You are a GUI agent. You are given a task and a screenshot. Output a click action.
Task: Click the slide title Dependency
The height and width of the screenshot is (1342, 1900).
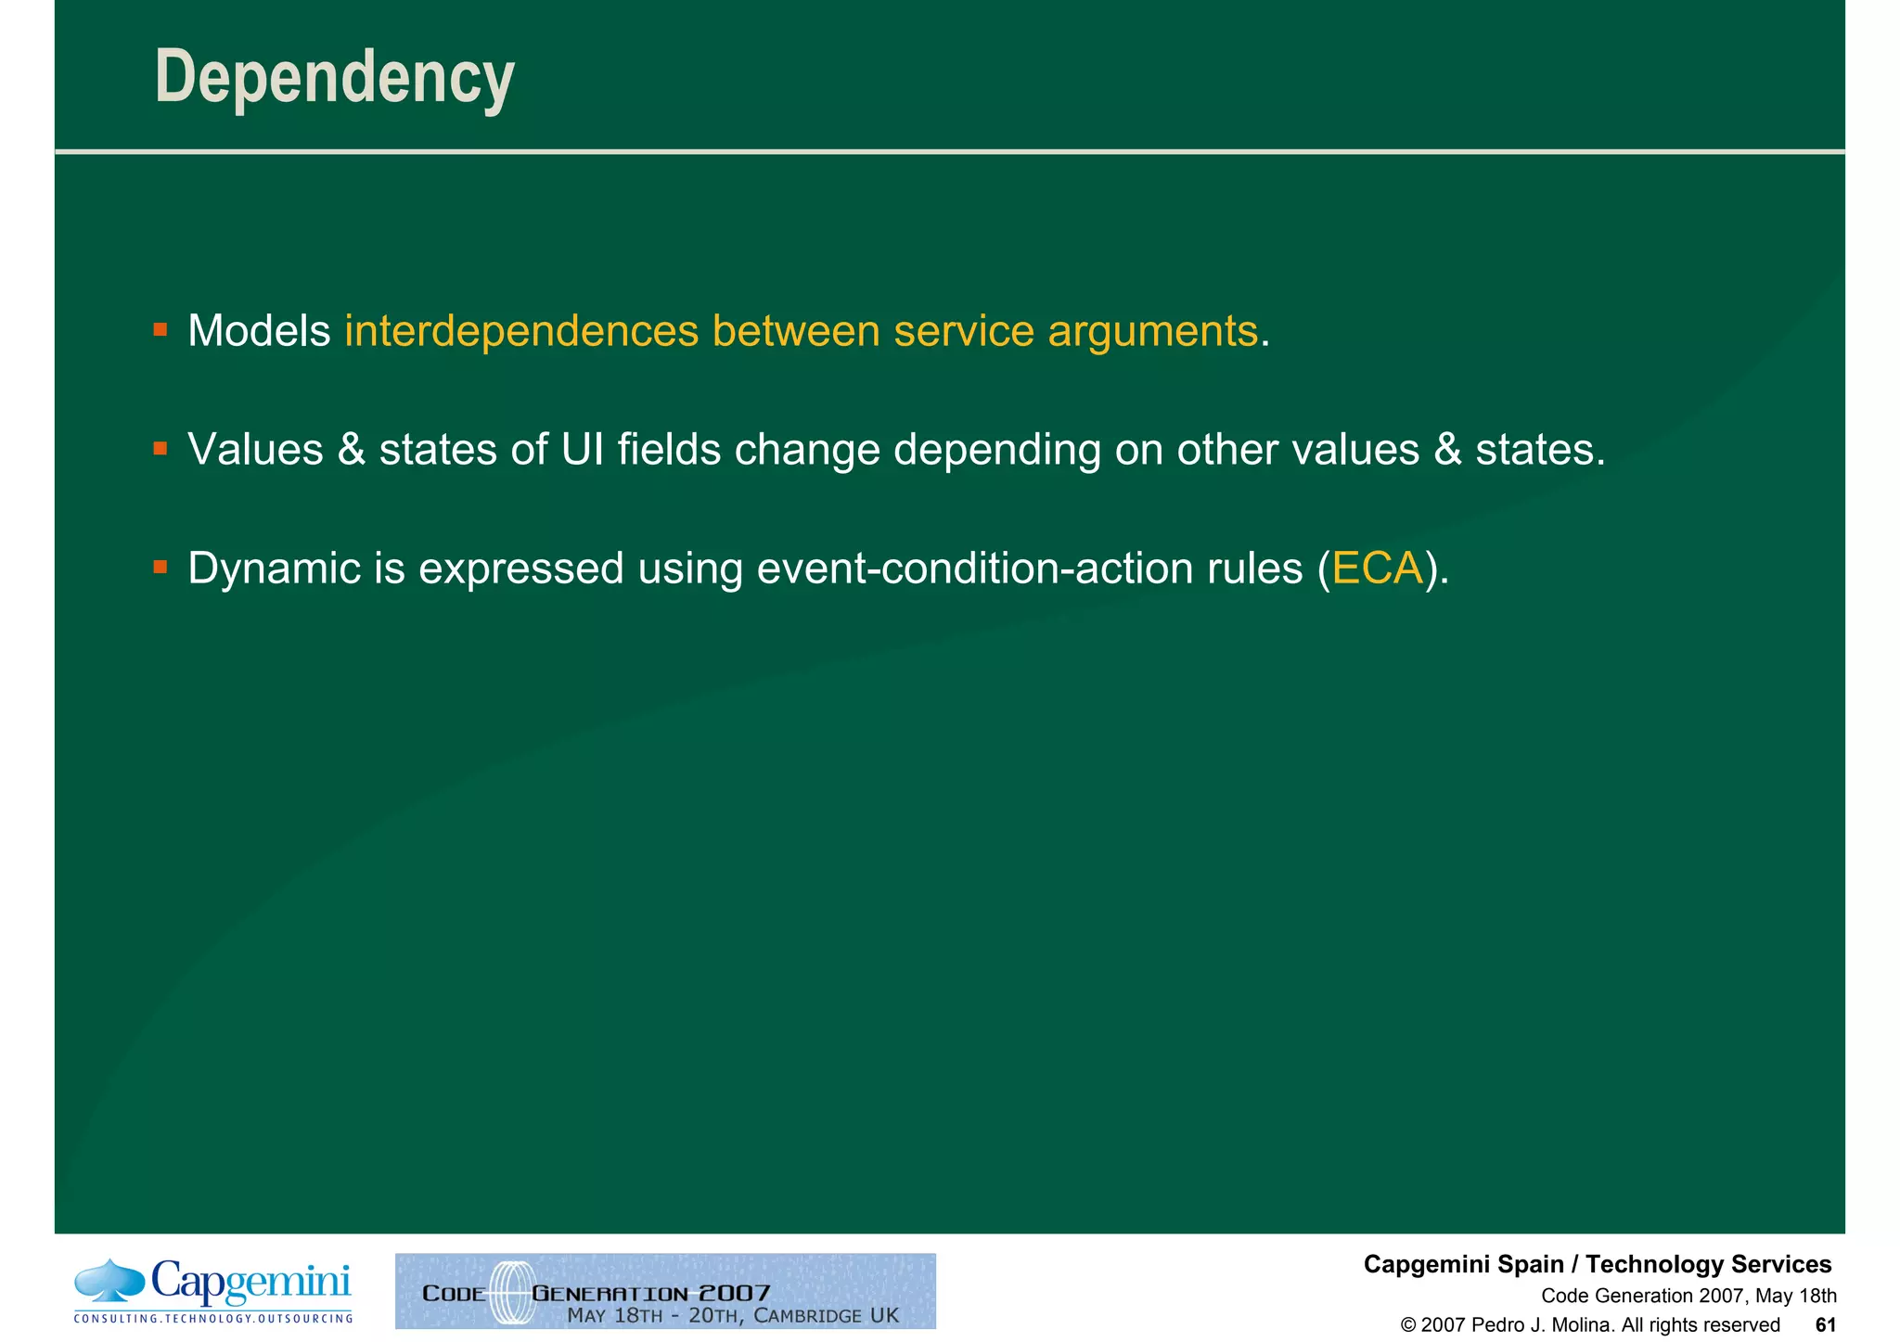coord(334,78)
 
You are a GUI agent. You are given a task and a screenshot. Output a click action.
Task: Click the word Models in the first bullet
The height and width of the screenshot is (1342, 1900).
coord(259,331)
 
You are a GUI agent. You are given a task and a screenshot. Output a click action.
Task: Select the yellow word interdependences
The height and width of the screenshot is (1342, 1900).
coord(520,331)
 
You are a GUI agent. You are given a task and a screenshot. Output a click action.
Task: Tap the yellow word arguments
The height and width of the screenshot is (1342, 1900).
coord(1152,331)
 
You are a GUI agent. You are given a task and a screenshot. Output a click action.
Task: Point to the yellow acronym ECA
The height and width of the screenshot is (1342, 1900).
coord(1377,569)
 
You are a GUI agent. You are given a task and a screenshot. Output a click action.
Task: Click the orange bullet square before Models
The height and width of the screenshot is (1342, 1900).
coord(160,329)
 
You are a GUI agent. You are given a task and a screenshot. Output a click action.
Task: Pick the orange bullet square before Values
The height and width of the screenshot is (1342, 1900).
coord(160,449)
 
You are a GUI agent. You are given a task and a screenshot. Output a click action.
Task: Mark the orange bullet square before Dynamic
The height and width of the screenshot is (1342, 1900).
coord(160,567)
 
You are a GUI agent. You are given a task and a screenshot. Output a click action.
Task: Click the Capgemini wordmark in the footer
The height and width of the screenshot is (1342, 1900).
coord(250,1284)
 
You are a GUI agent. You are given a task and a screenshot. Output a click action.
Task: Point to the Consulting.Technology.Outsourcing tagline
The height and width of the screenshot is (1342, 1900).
coord(213,1319)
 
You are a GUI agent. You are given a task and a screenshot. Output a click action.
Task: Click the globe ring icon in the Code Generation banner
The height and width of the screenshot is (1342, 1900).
coord(510,1292)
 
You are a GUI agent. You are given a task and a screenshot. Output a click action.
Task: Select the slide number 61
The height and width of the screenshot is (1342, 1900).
coord(1825,1325)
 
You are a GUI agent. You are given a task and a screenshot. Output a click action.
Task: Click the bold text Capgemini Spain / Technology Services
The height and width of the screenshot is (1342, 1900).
coord(1597,1265)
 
